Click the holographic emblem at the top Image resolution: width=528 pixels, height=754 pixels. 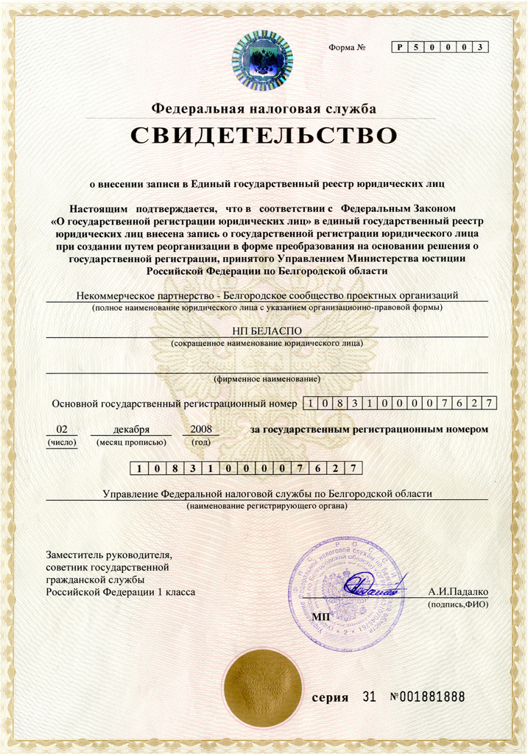[x=262, y=60]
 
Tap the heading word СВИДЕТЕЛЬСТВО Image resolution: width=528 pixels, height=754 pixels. [x=264, y=135]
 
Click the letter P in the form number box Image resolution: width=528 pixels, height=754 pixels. [x=400, y=47]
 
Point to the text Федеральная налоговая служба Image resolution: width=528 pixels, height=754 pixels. [x=264, y=109]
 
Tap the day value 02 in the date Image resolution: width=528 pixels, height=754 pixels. [x=62, y=429]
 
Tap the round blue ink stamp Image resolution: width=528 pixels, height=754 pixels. [x=346, y=593]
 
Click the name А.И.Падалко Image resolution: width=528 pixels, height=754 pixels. [x=457, y=591]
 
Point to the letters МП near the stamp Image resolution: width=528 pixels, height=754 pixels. [x=321, y=616]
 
